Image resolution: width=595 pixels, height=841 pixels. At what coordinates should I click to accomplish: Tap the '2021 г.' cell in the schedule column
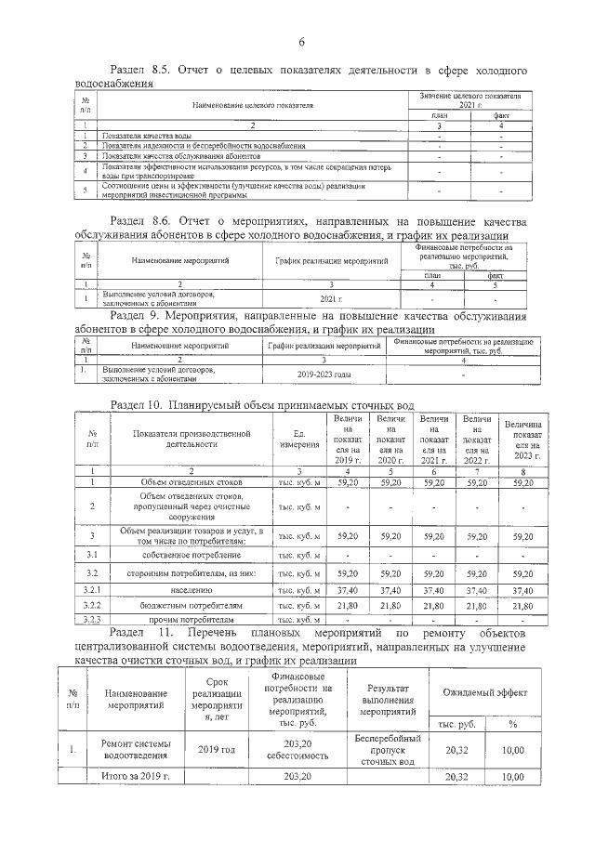[x=332, y=299]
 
